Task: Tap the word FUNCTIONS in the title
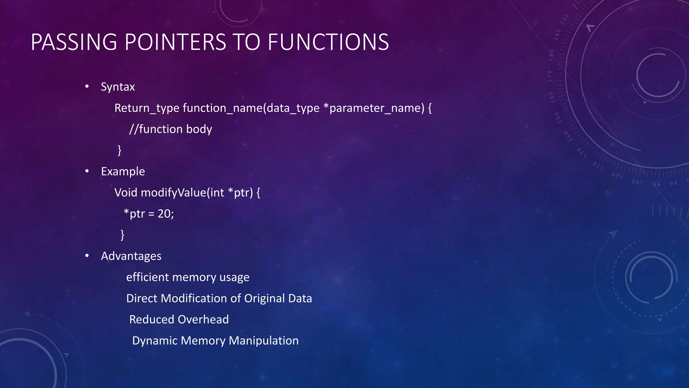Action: pyautogui.click(x=328, y=42)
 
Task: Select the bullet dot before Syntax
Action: pyautogui.click(x=87, y=87)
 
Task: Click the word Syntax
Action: pyautogui.click(x=118, y=87)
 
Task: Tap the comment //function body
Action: pyautogui.click(x=171, y=129)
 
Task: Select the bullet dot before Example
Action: pyautogui.click(x=87, y=171)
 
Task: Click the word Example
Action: pyautogui.click(x=123, y=171)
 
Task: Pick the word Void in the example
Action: pyautogui.click(x=126, y=193)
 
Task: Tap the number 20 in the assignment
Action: pyautogui.click(x=164, y=214)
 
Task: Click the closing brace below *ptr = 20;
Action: pyautogui.click(x=122, y=235)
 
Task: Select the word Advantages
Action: pyautogui.click(x=131, y=256)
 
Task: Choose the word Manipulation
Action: pyautogui.click(x=263, y=341)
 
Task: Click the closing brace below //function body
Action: pyautogui.click(x=119, y=150)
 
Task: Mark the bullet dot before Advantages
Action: pyautogui.click(x=87, y=256)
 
